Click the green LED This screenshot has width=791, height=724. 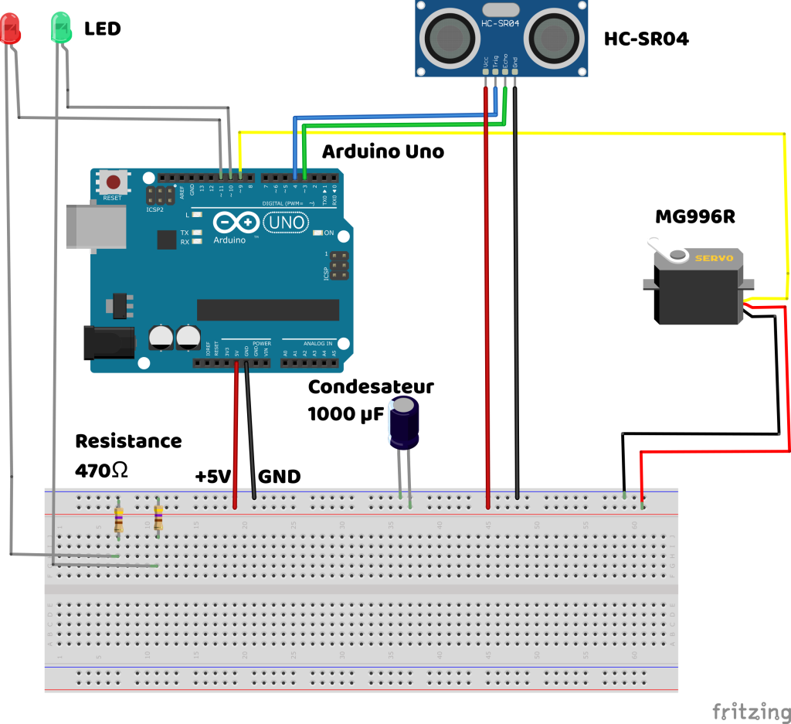point(61,28)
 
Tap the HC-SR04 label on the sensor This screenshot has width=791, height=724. point(501,24)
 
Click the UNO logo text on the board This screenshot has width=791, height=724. point(286,223)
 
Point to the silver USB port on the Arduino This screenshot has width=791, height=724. point(94,226)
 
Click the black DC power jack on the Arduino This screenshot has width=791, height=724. point(108,342)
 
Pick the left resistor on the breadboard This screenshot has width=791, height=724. point(118,519)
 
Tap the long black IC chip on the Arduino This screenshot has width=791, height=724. point(267,310)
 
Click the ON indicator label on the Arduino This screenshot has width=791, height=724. point(329,233)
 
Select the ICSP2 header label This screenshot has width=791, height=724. point(154,209)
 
